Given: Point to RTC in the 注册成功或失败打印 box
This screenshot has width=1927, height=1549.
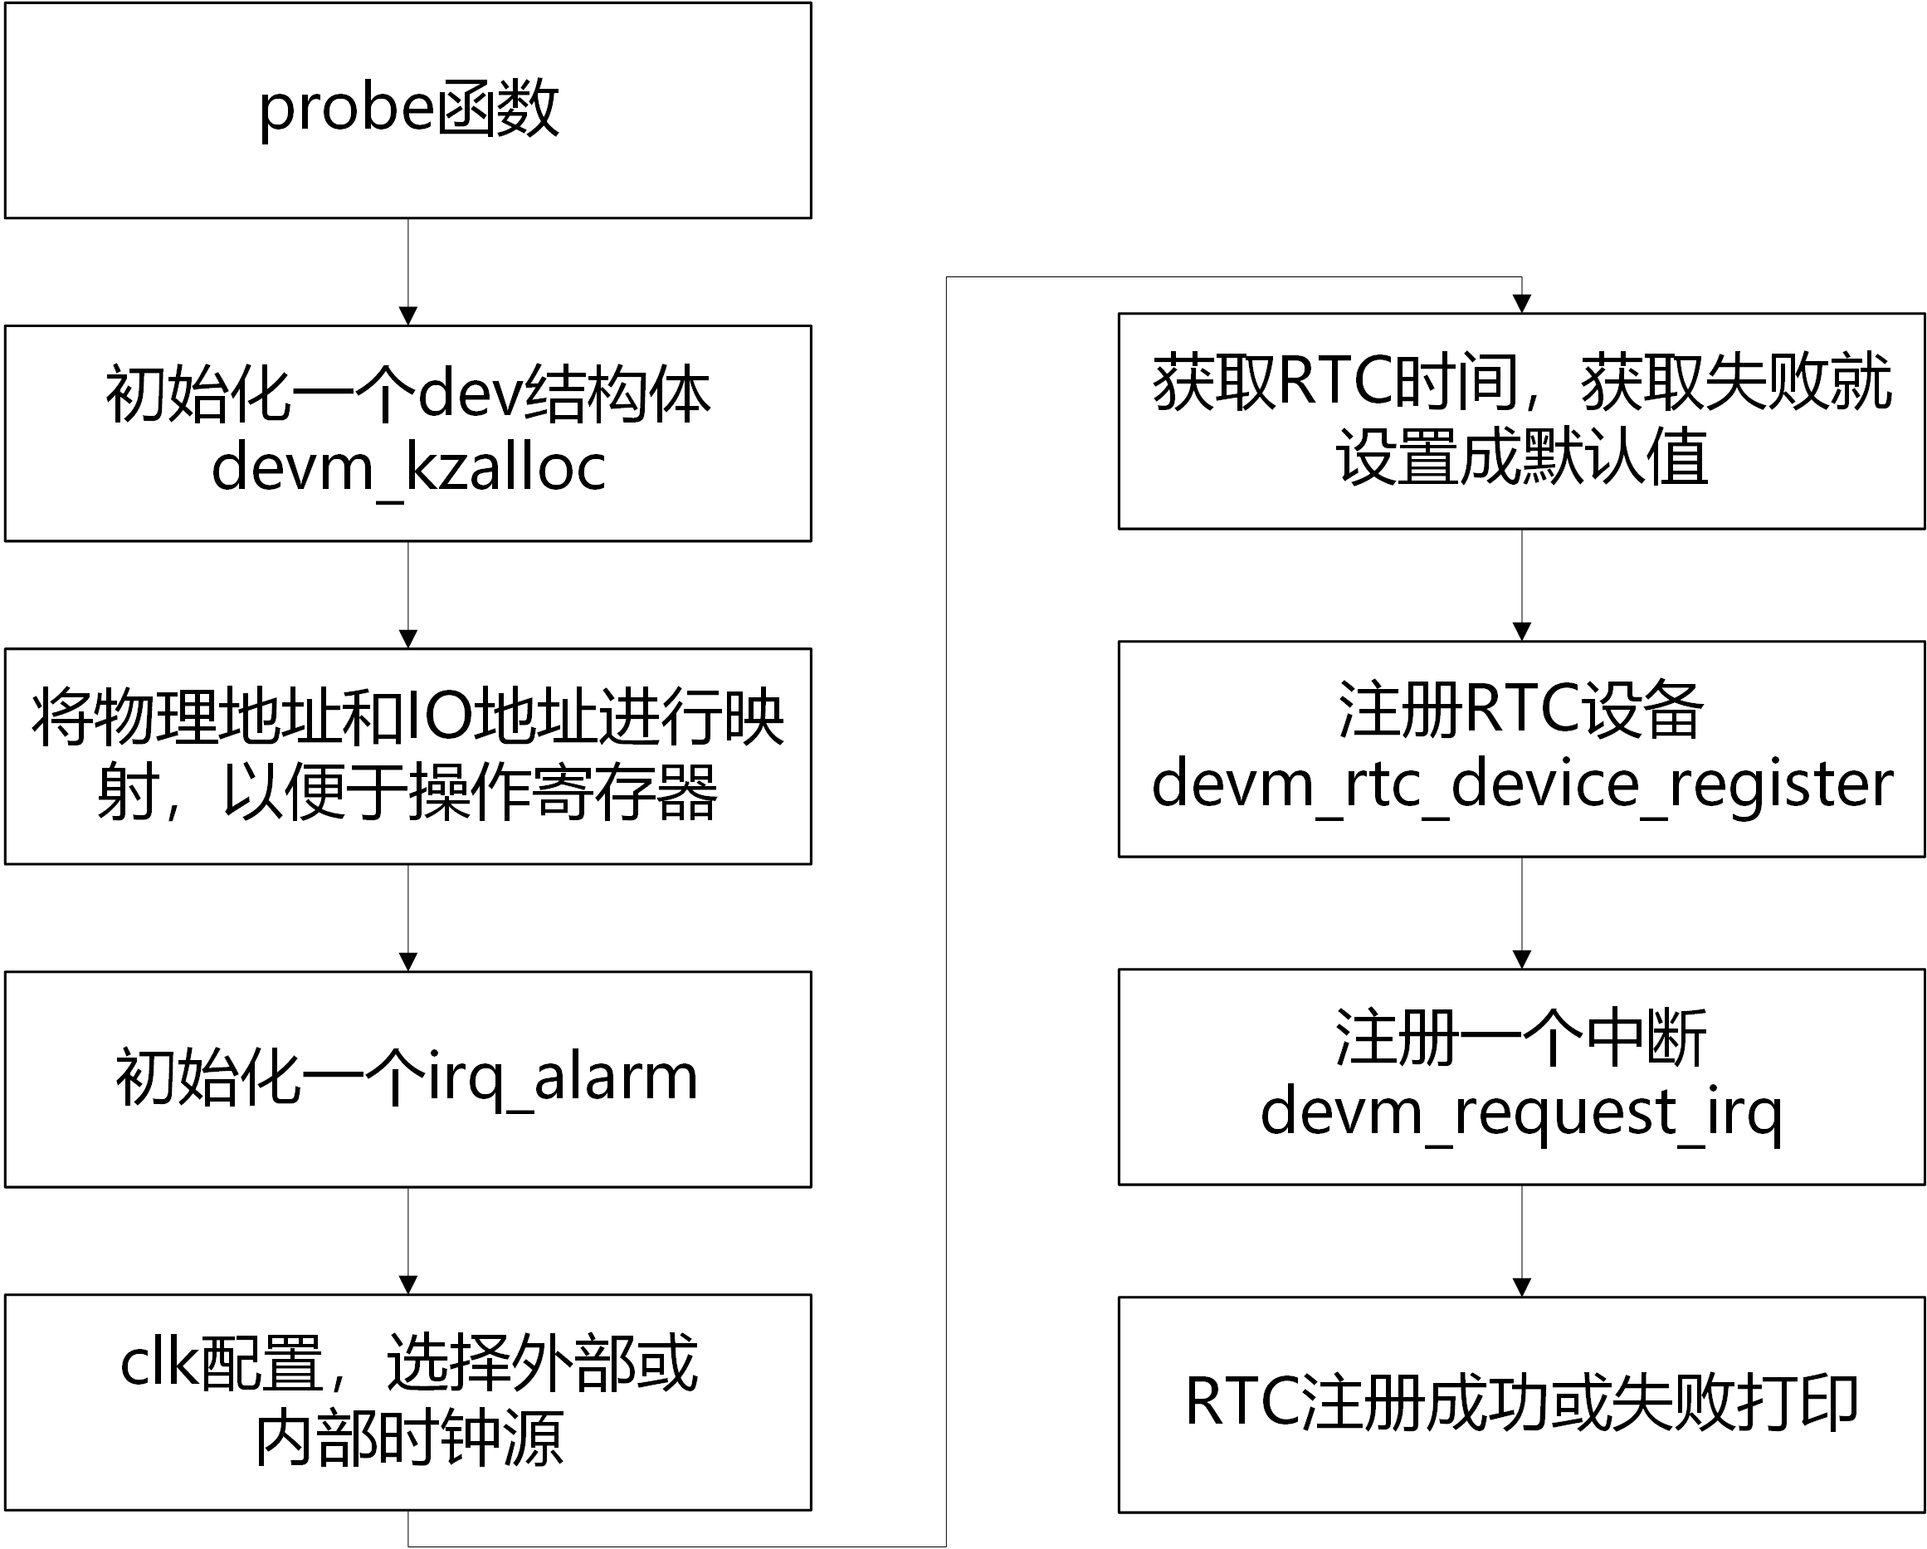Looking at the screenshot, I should click(1242, 1402).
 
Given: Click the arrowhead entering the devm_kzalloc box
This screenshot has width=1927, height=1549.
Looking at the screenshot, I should click(408, 316).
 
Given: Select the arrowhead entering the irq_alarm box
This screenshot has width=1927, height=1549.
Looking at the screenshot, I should click(408, 963).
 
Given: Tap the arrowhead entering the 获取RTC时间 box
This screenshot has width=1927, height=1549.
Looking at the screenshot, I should click(1521, 304).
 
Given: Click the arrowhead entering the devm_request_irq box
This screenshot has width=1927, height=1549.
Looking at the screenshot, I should click(1521, 960).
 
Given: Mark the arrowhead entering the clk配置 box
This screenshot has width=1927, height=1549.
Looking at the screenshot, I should click(408, 1285).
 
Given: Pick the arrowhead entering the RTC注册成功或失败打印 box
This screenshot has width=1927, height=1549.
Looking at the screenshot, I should click(1521, 1288).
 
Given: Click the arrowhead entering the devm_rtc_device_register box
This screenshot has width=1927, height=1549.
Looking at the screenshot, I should click(1521, 632).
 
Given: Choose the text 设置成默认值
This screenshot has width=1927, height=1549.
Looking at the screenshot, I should click(1521, 457).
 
